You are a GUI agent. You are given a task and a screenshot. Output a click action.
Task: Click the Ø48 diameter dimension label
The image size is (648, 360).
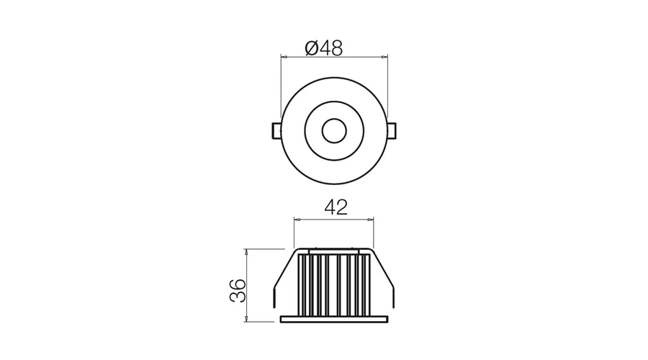tap(323, 48)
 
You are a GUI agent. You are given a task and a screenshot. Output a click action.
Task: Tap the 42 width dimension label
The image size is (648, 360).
tap(336, 207)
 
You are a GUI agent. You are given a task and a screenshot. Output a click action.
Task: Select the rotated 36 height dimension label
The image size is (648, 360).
tap(238, 291)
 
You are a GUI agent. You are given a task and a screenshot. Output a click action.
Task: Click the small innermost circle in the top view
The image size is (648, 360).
tap(334, 131)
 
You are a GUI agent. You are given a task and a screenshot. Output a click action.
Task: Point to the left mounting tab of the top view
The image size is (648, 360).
tap(276, 130)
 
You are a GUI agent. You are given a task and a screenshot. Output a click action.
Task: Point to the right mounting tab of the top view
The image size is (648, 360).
tap(392, 130)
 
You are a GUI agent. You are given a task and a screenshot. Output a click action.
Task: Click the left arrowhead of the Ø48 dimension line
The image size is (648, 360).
tap(284, 57)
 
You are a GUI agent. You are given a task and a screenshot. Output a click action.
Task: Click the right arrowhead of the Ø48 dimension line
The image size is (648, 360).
tap(384, 57)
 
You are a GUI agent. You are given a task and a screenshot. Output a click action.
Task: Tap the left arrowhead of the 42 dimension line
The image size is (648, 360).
tap(297, 220)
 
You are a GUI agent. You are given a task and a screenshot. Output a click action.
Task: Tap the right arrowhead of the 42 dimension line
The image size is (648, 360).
tap(371, 220)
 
